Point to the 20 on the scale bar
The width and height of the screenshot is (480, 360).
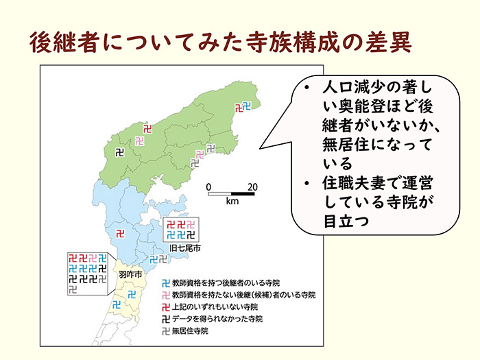point(252,187)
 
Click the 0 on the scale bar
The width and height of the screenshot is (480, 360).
point(208,187)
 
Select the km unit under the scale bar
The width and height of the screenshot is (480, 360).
point(231,202)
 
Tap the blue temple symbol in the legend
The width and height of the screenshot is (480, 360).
point(165,283)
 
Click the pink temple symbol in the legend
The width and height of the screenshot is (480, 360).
point(165,295)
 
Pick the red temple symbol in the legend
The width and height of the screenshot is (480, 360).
point(165,307)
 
